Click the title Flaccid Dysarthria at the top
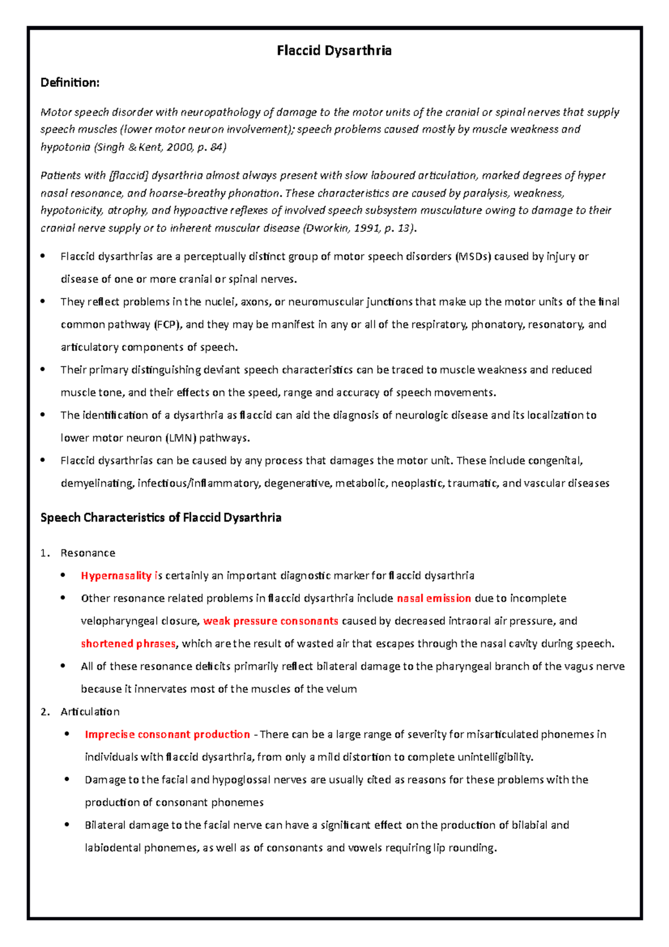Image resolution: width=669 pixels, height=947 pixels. pyautogui.click(x=334, y=51)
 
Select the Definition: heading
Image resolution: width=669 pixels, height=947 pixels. pyautogui.click(x=70, y=83)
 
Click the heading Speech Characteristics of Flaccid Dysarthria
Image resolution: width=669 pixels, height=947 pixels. pyautogui.click(x=161, y=518)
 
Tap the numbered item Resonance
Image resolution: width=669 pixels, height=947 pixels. pyautogui.click(x=88, y=553)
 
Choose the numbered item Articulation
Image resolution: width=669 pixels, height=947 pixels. pyautogui.click(x=90, y=712)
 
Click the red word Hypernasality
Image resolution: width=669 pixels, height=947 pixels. pyautogui.click(x=116, y=576)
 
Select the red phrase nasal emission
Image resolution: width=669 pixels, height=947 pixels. pyautogui.click(x=434, y=598)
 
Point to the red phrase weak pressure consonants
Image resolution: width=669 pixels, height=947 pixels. pyautogui.click(x=270, y=621)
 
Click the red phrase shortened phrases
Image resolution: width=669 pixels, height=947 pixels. pyautogui.click(x=128, y=644)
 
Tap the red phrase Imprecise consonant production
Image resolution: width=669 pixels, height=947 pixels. pyautogui.click(x=167, y=735)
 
